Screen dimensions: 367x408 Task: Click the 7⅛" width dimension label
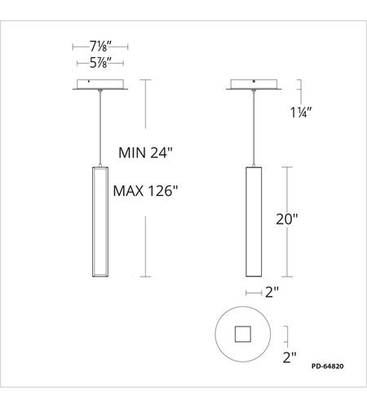click(x=100, y=47)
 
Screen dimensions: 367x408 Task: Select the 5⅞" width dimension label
click(x=100, y=63)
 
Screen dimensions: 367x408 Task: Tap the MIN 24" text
click(x=145, y=153)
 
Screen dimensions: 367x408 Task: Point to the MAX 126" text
click(x=145, y=191)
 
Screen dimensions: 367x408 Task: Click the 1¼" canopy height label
click(x=301, y=113)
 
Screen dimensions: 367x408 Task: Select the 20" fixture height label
click(x=287, y=219)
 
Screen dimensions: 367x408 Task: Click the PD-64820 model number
click(x=328, y=366)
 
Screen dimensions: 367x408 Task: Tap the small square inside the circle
click(x=243, y=334)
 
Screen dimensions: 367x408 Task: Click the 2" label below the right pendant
click(x=272, y=292)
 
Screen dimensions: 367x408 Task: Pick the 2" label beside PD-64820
click(x=290, y=357)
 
